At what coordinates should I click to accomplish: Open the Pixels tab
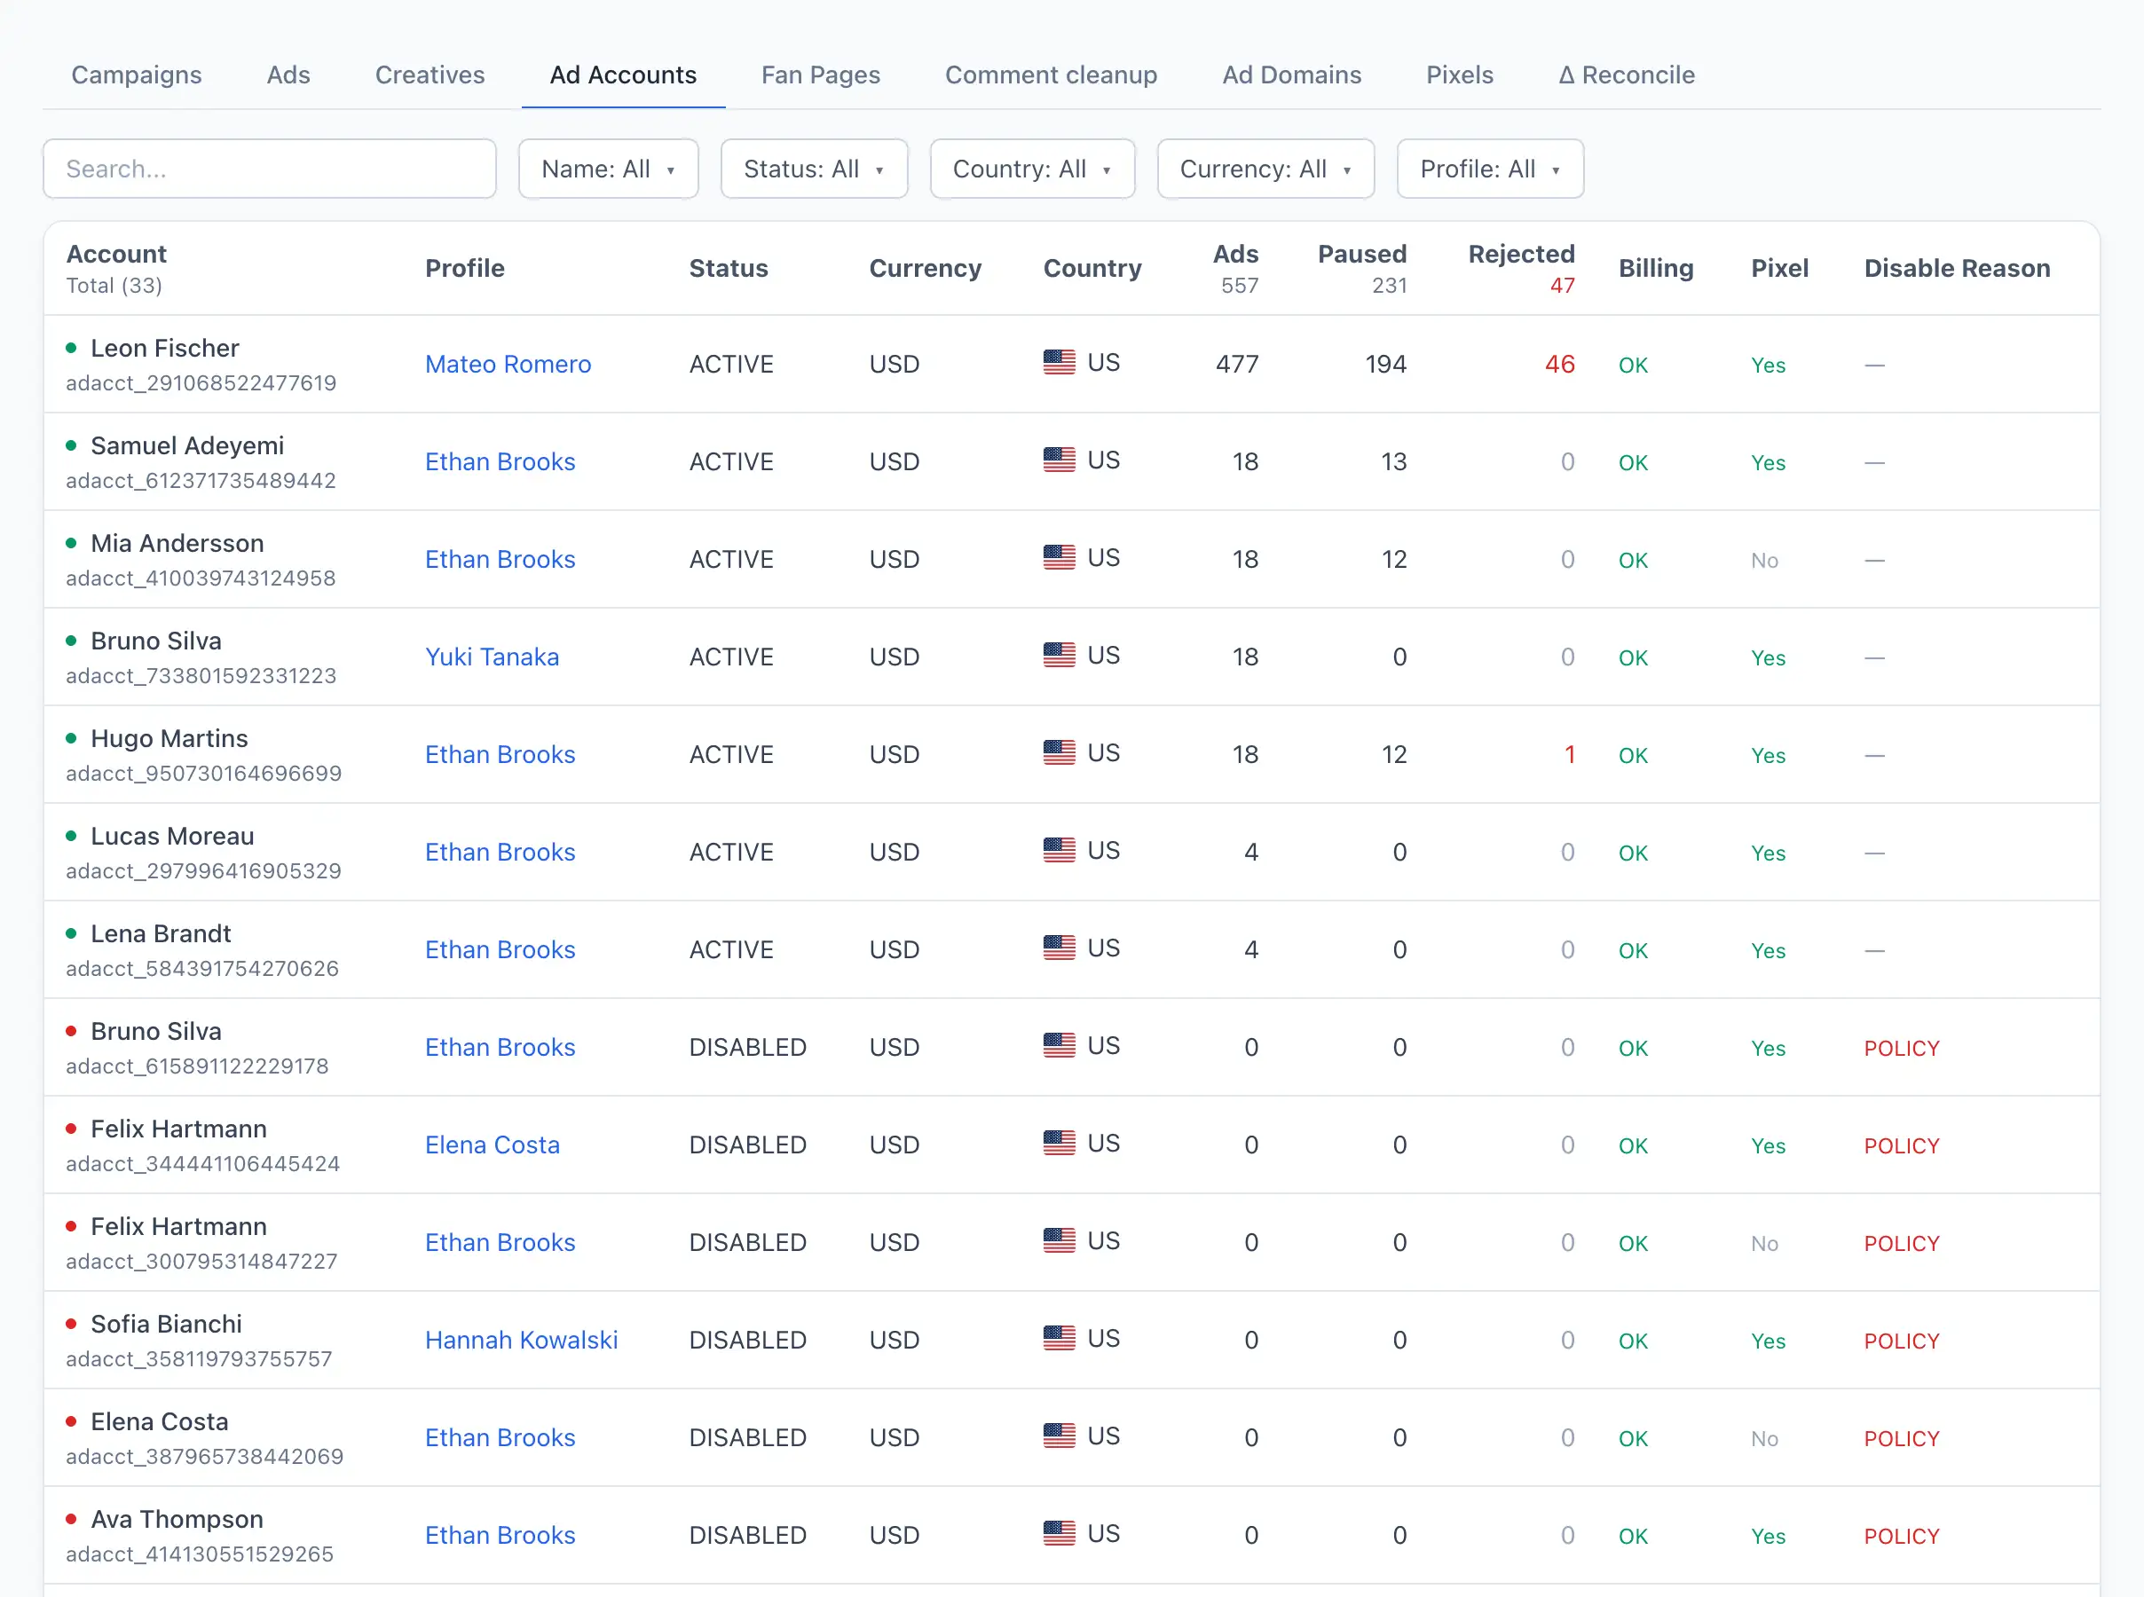click(x=1460, y=75)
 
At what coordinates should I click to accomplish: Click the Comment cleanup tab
click(x=1051, y=75)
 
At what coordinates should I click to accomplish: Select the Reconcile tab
click(x=1626, y=75)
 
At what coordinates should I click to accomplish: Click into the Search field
click(x=270, y=169)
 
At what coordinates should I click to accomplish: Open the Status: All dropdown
click(x=814, y=169)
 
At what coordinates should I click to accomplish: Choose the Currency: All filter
click(x=1265, y=169)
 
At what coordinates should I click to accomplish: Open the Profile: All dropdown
click(x=1490, y=169)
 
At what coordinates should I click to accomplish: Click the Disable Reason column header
click(x=1957, y=268)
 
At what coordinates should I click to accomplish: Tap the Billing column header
click(x=1656, y=268)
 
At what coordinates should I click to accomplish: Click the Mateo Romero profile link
click(x=508, y=365)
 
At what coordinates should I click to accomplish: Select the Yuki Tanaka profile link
click(x=492, y=657)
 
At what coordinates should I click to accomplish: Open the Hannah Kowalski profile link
click(x=521, y=1340)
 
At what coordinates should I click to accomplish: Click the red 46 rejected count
click(x=1559, y=365)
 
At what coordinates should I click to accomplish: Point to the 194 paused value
click(x=1385, y=365)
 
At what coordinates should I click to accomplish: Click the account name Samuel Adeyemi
click(x=187, y=445)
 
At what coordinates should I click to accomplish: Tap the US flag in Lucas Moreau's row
click(x=1059, y=850)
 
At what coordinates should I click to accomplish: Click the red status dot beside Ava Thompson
click(x=71, y=1519)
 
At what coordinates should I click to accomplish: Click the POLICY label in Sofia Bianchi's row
click(x=1902, y=1341)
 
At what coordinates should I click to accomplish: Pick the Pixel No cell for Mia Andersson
click(x=1764, y=561)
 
